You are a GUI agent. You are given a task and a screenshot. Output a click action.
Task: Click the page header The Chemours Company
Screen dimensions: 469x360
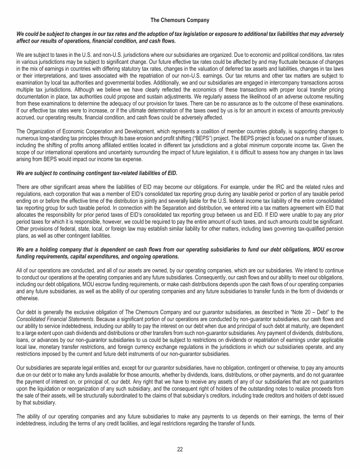point(180,20)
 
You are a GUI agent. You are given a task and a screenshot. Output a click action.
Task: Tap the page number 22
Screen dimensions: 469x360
point(180,449)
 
